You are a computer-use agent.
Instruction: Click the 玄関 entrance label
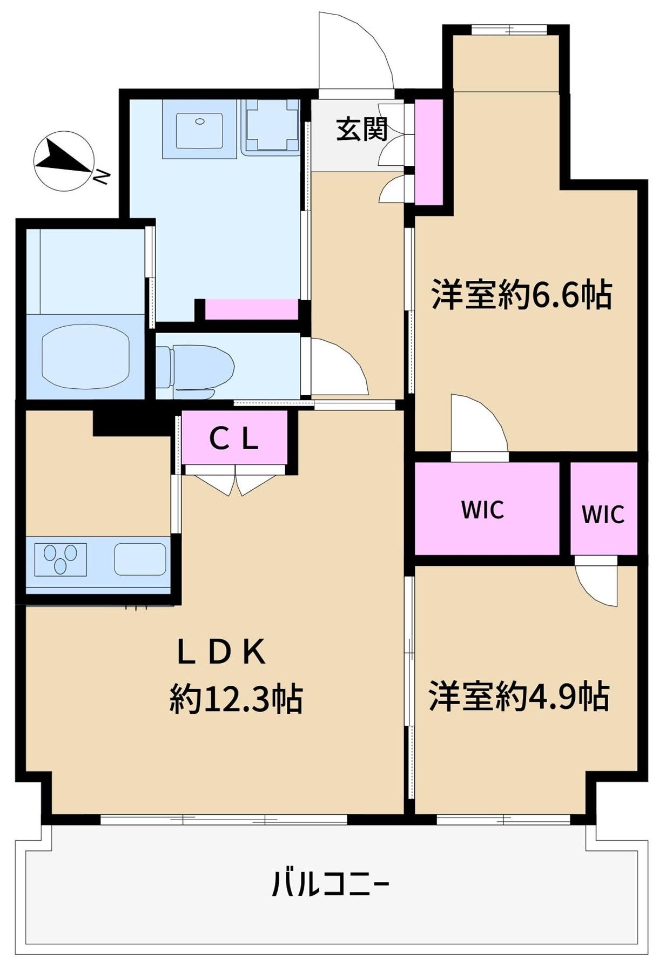point(361,130)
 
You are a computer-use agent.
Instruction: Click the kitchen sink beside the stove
point(140,559)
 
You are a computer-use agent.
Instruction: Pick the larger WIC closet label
point(482,509)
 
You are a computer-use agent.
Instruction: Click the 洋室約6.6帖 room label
point(521,295)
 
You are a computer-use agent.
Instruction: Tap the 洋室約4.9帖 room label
point(519,696)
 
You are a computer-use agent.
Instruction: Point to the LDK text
point(221,652)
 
